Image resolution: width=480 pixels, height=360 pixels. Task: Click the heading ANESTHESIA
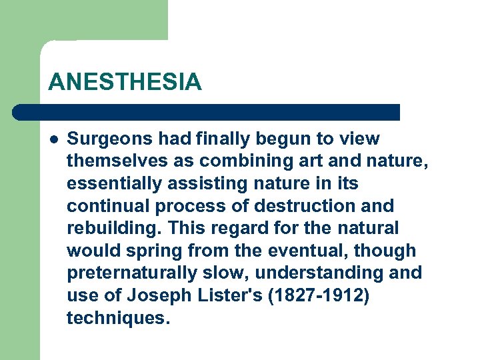click(x=125, y=82)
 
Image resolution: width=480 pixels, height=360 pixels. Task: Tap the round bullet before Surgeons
click(x=53, y=139)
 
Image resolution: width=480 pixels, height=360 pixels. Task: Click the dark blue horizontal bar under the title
click(x=207, y=112)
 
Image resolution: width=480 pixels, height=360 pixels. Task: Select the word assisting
click(x=190, y=183)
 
